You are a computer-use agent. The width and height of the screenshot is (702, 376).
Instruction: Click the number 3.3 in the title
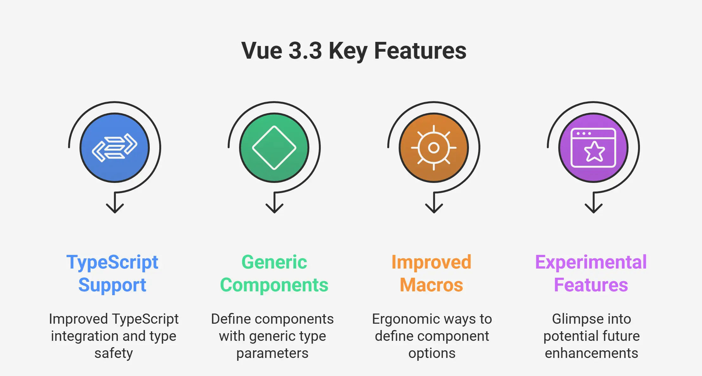click(x=305, y=51)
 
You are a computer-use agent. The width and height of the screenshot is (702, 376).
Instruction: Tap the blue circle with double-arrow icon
click(x=115, y=148)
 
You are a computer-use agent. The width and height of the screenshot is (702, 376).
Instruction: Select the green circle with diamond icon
click(x=274, y=148)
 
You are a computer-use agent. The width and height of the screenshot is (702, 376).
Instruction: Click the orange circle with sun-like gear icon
click(x=434, y=148)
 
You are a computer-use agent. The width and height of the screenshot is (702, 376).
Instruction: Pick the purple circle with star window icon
click(x=593, y=148)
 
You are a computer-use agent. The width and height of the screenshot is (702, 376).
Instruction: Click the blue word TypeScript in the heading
click(x=112, y=263)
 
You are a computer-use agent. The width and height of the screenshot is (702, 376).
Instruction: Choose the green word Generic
click(x=274, y=262)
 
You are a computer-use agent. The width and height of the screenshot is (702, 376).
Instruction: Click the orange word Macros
click(x=431, y=285)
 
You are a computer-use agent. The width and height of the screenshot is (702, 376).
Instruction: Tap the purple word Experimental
click(x=591, y=263)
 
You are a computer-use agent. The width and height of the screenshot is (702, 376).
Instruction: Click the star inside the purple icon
click(x=594, y=152)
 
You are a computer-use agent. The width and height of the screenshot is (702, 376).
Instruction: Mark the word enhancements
click(x=591, y=353)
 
